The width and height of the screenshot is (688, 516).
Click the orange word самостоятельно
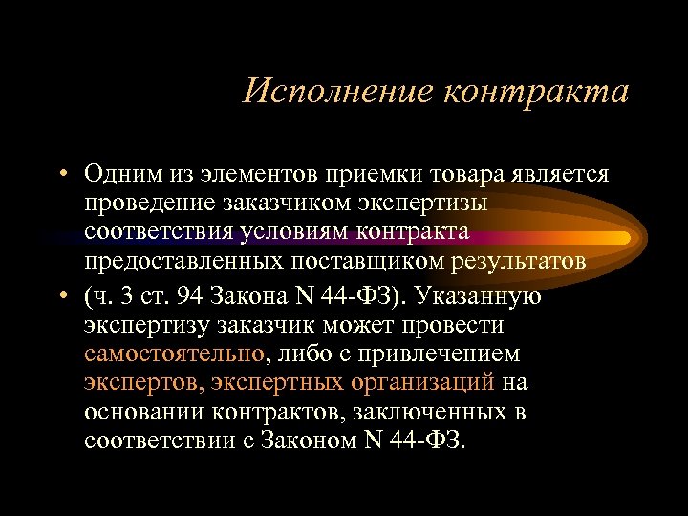point(174,355)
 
